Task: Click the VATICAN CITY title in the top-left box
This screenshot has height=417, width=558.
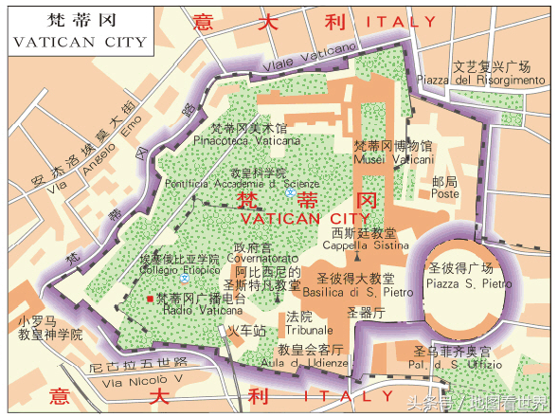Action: (x=80, y=42)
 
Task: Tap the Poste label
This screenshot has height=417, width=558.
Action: (x=445, y=193)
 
